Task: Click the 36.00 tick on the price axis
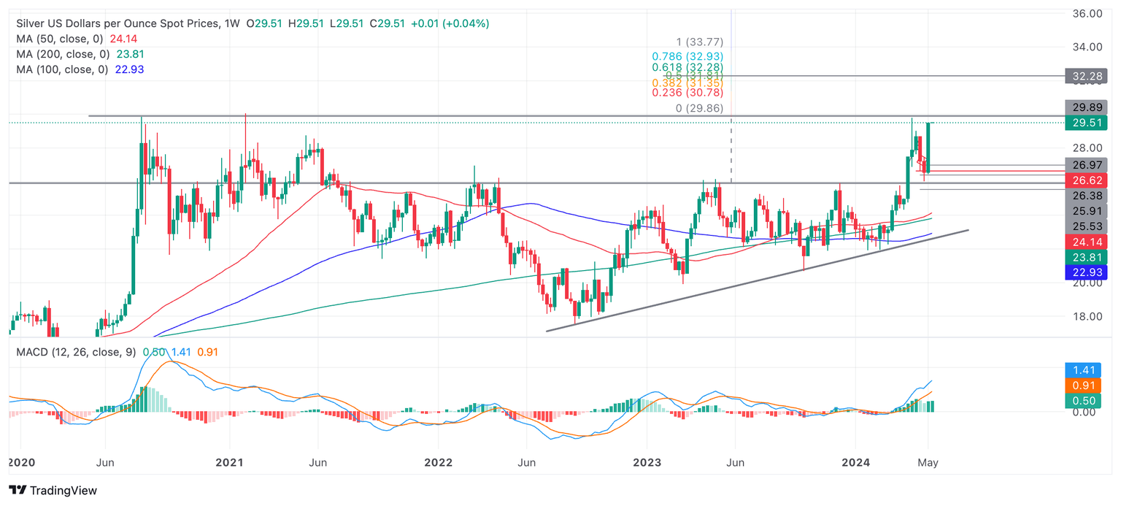point(1087,13)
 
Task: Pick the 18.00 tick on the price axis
point(1087,316)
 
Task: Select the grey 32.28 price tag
point(1087,75)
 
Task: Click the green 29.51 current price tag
point(1087,123)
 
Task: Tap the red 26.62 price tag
point(1087,180)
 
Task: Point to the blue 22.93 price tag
point(1087,272)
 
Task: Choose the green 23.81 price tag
point(1087,257)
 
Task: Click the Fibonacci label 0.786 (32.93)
point(687,56)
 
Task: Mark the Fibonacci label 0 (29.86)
point(699,108)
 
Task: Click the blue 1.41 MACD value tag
point(1087,370)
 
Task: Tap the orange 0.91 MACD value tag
point(1087,386)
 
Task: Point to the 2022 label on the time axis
point(438,462)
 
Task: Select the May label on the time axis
point(928,462)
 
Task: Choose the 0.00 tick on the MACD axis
point(1082,412)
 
